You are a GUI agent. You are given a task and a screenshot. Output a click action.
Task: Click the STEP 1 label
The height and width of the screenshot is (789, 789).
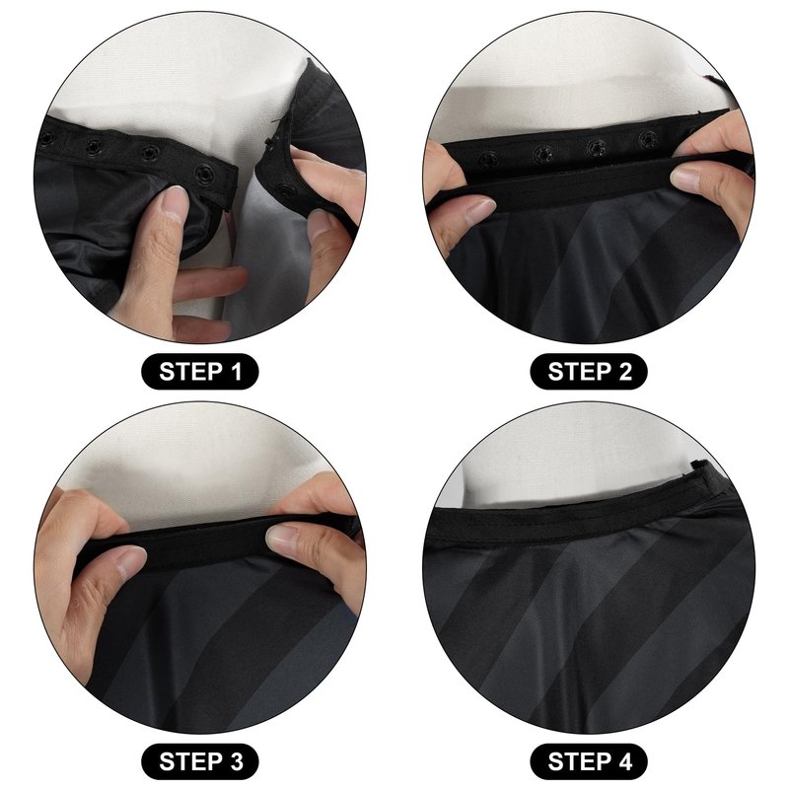pos(200,372)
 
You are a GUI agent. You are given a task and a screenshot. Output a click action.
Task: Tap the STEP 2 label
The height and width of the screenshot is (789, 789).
pos(589,372)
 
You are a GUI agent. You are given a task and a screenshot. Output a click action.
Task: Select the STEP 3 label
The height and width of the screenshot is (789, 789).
pos(200,761)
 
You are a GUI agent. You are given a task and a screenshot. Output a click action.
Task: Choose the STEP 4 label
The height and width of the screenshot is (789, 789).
pos(589,761)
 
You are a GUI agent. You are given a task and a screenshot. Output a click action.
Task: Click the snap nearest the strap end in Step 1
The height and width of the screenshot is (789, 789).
pos(204,175)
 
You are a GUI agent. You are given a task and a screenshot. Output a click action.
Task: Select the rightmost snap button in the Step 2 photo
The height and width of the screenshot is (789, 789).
pos(647,139)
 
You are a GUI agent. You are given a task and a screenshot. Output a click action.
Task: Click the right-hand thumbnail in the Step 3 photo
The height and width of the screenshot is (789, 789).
pos(283,536)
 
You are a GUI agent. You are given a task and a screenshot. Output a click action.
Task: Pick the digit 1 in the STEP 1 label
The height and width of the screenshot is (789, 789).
pos(236,372)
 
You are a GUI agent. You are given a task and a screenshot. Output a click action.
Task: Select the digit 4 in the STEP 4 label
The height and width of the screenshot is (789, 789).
pos(624,761)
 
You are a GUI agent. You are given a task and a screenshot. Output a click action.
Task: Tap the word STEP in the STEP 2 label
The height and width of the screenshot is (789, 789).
pos(580,372)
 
